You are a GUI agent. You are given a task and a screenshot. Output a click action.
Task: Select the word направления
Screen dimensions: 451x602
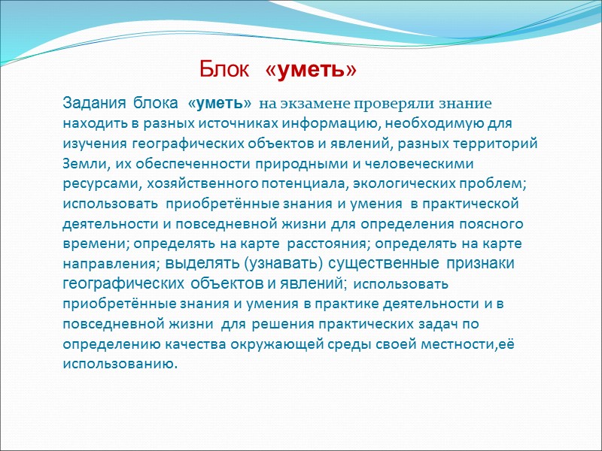110,265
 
